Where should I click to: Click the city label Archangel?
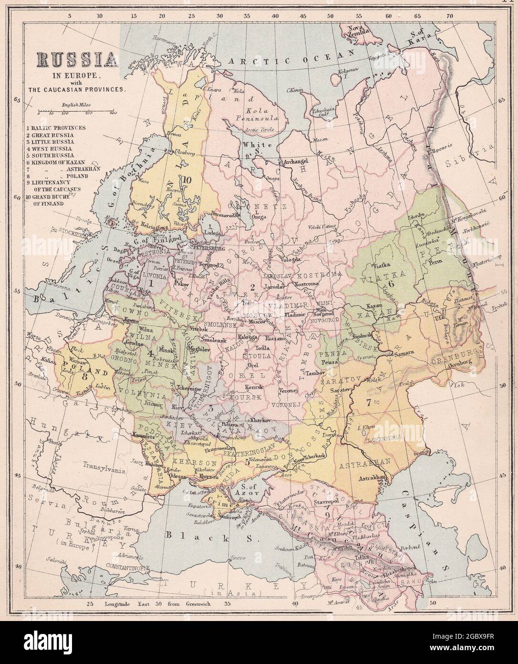pos(297,162)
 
